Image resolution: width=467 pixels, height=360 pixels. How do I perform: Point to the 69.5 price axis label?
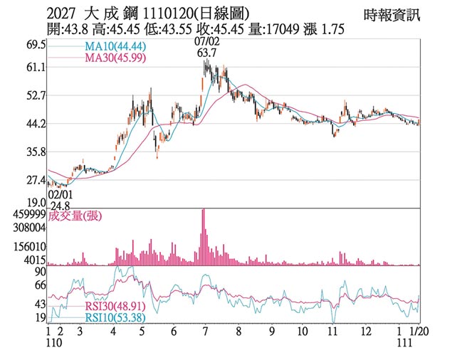tap(35, 44)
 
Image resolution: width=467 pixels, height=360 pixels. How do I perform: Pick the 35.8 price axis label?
tap(35, 152)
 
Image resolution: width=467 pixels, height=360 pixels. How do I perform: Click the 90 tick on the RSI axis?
tap(40, 272)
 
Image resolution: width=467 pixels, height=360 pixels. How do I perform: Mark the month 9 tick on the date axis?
tap(271, 332)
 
